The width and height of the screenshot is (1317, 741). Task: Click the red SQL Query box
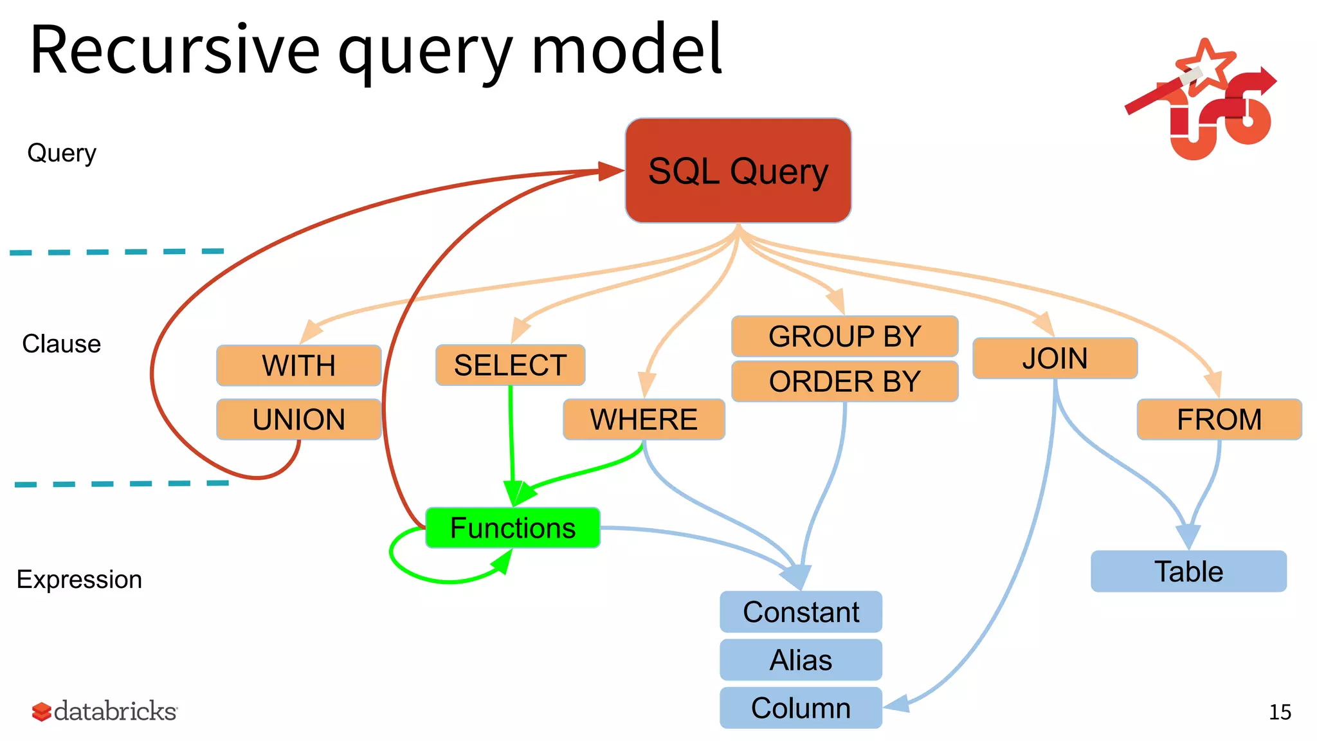738,171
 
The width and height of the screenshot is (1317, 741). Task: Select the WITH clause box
299,365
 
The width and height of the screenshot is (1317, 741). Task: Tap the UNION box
299,419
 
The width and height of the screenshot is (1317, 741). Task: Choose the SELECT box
510,365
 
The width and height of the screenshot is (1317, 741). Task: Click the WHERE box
644,419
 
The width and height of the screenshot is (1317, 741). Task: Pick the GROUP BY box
844,336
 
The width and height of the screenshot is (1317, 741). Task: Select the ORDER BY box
844,381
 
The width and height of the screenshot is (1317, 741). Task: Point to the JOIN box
1055,358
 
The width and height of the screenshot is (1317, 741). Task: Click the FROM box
1219,419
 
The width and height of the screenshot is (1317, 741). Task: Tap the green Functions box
513,528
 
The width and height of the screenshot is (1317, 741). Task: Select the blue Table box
1188,571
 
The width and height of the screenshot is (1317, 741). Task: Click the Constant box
801,612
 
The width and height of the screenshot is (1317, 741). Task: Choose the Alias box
801,660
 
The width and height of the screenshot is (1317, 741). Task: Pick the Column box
801,708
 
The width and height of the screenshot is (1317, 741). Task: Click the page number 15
1280,712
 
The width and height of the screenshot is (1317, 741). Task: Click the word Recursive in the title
175,50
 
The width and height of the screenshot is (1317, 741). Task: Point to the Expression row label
79,580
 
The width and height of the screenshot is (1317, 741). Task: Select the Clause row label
62,344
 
